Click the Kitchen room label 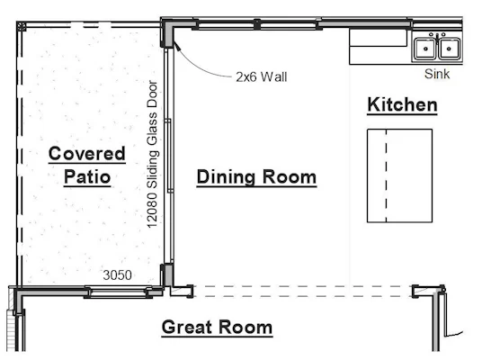point(402,104)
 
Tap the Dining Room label point(256,177)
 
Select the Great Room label point(217,327)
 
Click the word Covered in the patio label point(87,153)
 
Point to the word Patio point(87,177)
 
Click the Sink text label point(437,74)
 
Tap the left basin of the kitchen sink point(425,49)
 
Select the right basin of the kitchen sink point(449,49)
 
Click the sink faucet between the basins point(437,36)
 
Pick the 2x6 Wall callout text point(262,76)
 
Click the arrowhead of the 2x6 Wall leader point(176,46)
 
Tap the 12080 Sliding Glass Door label point(153,154)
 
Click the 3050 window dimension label point(118,275)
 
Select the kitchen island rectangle point(400,175)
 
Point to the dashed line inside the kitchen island point(386,175)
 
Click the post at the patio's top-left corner point(22,26)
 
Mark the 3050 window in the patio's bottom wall point(119,292)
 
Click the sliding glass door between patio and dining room point(168,156)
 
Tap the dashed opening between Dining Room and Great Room point(303,292)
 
